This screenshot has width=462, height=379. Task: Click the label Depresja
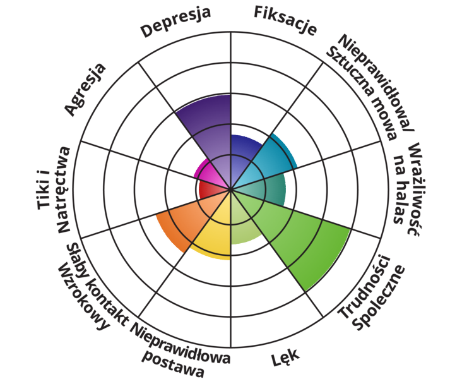175,23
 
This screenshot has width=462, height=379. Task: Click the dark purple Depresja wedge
208,129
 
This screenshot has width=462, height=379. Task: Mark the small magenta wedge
205,172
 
